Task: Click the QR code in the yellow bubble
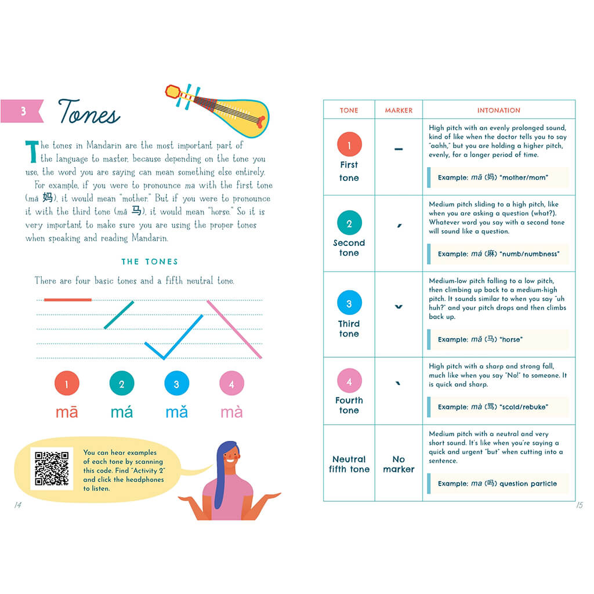click(52, 468)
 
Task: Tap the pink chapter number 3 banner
click(22, 111)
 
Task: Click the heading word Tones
click(89, 111)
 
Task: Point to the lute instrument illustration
click(218, 110)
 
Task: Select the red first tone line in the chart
click(68, 300)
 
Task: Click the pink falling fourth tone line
click(234, 329)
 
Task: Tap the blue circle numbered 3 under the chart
click(176, 383)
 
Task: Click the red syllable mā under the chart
click(67, 412)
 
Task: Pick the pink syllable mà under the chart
click(231, 412)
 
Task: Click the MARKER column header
click(399, 110)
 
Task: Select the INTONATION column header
click(498, 110)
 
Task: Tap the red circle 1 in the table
click(349, 144)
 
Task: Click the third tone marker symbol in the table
click(399, 306)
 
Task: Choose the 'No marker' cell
click(399, 464)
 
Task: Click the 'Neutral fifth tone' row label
click(349, 464)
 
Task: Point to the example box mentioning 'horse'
click(498, 339)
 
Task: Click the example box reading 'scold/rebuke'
click(498, 407)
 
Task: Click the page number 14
click(18, 505)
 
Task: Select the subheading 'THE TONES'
click(150, 262)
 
